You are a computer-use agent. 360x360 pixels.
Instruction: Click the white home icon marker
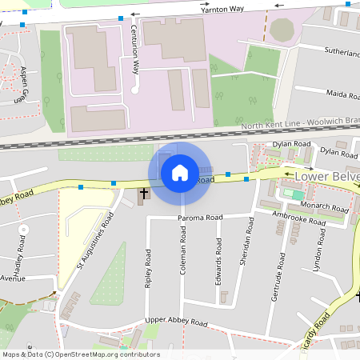point(179,172)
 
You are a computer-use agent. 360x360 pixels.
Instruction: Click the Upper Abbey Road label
point(177,323)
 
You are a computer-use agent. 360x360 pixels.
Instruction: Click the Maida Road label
point(342,94)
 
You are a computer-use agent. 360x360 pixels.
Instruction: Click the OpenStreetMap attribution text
point(81,354)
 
